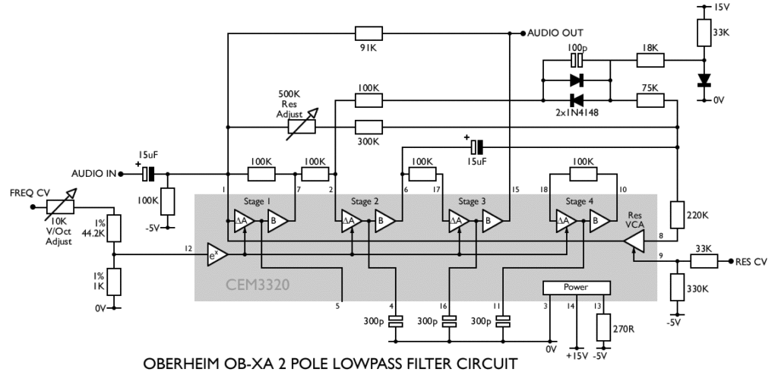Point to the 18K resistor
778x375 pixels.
point(651,60)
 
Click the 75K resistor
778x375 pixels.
point(651,99)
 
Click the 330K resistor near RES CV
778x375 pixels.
point(675,288)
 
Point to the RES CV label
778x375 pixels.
point(751,262)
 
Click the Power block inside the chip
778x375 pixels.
point(577,288)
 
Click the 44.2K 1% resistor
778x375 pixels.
point(113,228)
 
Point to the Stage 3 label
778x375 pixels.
point(472,201)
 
